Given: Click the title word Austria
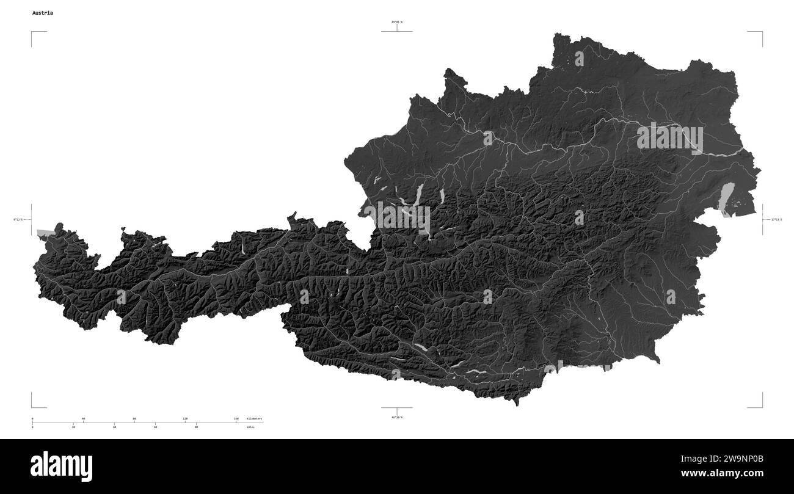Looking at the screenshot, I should coord(43,13).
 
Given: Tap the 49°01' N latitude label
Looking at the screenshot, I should coord(397,22).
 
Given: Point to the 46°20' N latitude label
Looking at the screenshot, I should coord(397,417).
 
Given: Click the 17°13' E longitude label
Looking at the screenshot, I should coord(776,219).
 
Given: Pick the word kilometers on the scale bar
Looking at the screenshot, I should coord(254,419).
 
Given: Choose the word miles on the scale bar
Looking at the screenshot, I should coord(251,427).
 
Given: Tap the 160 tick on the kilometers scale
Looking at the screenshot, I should coord(236,419).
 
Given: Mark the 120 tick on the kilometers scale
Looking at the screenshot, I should coord(185,419).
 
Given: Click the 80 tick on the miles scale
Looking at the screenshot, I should coord(196,427).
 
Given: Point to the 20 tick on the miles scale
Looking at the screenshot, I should coord(73,427).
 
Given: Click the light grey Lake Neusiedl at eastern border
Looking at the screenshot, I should coord(727,198).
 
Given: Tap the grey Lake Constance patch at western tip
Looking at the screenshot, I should coord(45,233).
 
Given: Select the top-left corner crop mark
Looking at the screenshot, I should coord(32,32).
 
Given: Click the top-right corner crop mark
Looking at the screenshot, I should coord(762,32).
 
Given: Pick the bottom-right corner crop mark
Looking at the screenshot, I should coord(762,407).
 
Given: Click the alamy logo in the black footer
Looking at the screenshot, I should coord(61,465).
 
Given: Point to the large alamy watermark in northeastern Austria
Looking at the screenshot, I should coord(669,139).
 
